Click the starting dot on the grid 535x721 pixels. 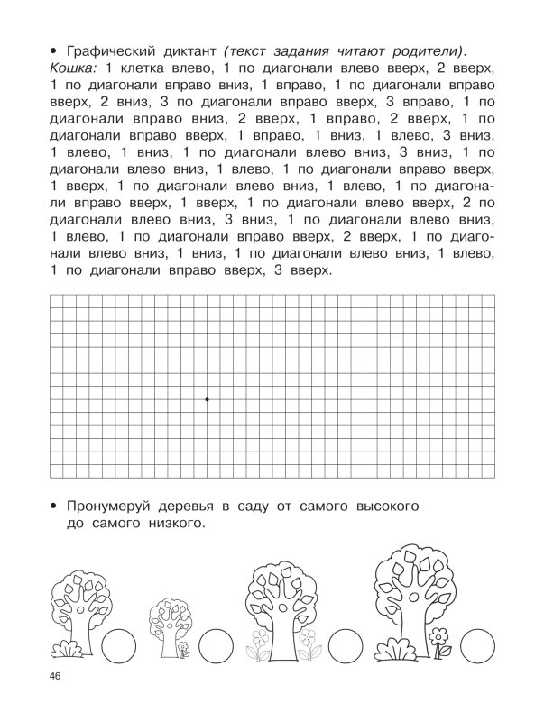[207, 398]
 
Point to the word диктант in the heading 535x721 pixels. [204, 49]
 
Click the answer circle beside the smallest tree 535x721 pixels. [215, 646]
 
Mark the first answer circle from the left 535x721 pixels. [118, 646]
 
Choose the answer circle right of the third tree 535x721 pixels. [345, 646]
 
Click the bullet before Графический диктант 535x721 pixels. [55, 49]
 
